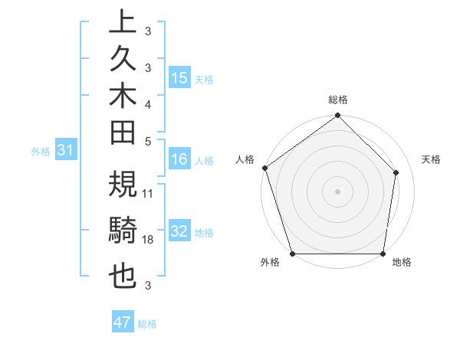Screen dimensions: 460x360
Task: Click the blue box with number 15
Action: point(179,77)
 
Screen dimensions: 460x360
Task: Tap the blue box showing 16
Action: point(179,159)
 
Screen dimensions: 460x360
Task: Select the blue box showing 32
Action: point(179,231)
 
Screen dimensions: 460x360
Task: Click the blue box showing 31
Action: point(66,151)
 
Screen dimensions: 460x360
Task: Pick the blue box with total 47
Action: point(123,322)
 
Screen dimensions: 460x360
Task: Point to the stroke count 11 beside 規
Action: point(149,193)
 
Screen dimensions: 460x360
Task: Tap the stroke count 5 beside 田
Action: point(148,141)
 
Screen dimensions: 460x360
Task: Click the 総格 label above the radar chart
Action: point(338,100)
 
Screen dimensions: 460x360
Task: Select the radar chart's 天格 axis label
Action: point(432,159)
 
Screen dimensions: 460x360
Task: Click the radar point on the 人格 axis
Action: point(264,168)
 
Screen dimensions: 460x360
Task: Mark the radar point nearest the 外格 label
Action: point(292,254)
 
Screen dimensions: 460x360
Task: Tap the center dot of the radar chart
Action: point(337,191)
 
